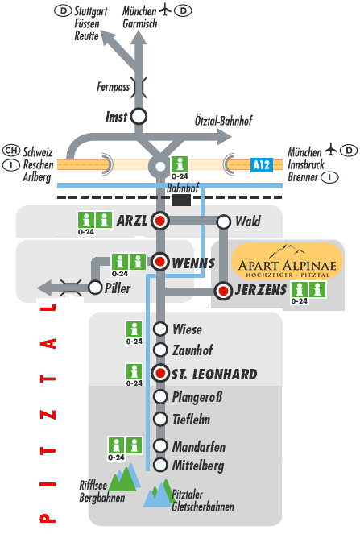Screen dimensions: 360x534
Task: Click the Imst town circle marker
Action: pyautogui.click(x=139, y=117)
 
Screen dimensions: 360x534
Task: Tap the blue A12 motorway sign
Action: pyautogui.click(x=261, y=165)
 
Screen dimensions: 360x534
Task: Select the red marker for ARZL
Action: pyautogui.click(x=160, y=221)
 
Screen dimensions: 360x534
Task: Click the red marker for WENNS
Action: pyautogui.click(x=160, y=262)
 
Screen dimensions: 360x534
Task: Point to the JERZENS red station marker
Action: pyautogui.click(x=223, y=291)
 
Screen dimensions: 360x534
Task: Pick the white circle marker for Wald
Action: pyautogui.click(x=223, y=221)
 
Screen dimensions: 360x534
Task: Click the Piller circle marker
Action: pyautogui.click(x=95, y=288)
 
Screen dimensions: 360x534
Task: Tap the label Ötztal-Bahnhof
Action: pyautogui.click(x=223, y=120)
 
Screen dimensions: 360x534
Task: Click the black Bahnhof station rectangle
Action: pyautogui.click(x=181, y=201)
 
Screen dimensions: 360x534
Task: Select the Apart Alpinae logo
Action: pyautogui.click(x=287, y=261)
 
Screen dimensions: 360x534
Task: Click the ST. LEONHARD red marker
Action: pyautogui.click(x=160, y=373)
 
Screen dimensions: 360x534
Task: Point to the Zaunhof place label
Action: pyautogui.click(x=192, y=350)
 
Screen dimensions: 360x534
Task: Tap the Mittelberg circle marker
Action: pyautogui.click(x=160, y=465)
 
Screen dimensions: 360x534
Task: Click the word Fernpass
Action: pyautogui.click(x=113, y=86)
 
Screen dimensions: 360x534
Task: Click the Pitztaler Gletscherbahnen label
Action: pyautogui.click(x=203, y=500)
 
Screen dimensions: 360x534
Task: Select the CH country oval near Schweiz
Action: pyautogui.click(x=11, y=150)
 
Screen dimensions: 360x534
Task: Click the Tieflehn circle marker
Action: pyautogui.click(x=160, y=419)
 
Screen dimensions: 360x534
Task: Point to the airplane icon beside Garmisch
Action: pyautogui.click(x=165, y=10)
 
